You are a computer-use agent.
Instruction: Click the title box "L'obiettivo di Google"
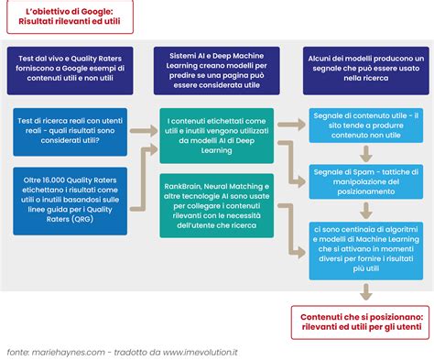(x=70, y=16)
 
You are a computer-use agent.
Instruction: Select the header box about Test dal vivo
(x=70, y=71)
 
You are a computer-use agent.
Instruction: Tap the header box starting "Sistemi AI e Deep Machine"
(x=217, y=71)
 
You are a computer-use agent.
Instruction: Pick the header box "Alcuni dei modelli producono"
(x=366, y=71)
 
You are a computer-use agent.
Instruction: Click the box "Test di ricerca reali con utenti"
(x=70, y=132)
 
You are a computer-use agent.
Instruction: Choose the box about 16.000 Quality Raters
(x=70, y=201)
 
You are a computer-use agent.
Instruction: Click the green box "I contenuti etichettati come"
(x=217, y=136)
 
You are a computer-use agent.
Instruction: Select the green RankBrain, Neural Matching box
(x=217, y=205)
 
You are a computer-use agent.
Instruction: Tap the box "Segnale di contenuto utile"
(x=366, y=125)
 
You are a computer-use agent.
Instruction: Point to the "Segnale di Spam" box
(x=366, y=181)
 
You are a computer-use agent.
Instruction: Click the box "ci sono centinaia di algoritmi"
(x=366, y=251)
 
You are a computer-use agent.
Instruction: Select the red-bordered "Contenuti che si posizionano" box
(x=360, y=322)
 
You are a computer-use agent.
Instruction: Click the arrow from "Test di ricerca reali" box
(x=144, y=131)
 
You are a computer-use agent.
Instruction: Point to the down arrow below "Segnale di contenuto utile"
(x=366, y=154)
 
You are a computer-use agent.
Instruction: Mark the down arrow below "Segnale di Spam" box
(x=366, y=211)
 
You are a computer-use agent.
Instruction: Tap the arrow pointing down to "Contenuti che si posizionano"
(x=366, y=292)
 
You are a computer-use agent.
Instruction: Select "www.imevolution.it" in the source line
(x=201, y=352)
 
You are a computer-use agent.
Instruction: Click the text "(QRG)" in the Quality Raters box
(x=82, y=219)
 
